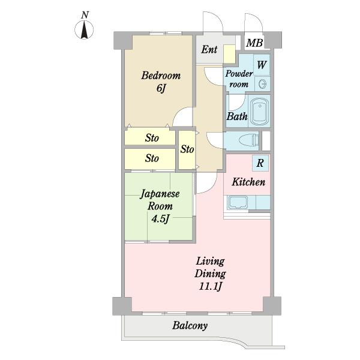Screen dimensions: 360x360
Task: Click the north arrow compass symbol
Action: (x=84, y=30)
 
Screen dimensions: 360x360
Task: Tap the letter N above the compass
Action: (x=85, y=15)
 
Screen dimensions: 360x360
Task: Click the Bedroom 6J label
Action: (x=161, y=82)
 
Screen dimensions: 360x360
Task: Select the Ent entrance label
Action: (x=209, y=49)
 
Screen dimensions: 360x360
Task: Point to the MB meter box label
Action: (x=254, y=43)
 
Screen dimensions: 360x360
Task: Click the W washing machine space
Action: (x=262, y=65)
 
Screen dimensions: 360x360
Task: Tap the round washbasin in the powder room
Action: (x=262, y=84)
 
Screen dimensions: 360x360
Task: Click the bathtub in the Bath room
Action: (x=259, y=112)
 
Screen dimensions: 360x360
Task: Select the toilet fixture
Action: (x=248, y=140)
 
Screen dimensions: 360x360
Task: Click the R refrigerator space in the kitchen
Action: (x=260, y=163)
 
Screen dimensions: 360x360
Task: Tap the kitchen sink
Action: (x=238, y=202)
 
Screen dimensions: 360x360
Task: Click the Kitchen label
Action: (x=248, y=182)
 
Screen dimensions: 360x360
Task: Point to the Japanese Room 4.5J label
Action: (x=160, y=206)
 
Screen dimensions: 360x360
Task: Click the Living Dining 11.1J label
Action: (x=210, y=274)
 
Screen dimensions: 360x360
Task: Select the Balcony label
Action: (x=190, y=326)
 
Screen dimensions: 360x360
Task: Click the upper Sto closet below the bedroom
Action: (x=150, y=138)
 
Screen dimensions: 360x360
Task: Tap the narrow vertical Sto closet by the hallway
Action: (x=187, y=149)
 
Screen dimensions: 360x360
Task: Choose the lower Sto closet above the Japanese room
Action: (x=150, y=158)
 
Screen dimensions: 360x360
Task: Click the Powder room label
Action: (x=239, y=79)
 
